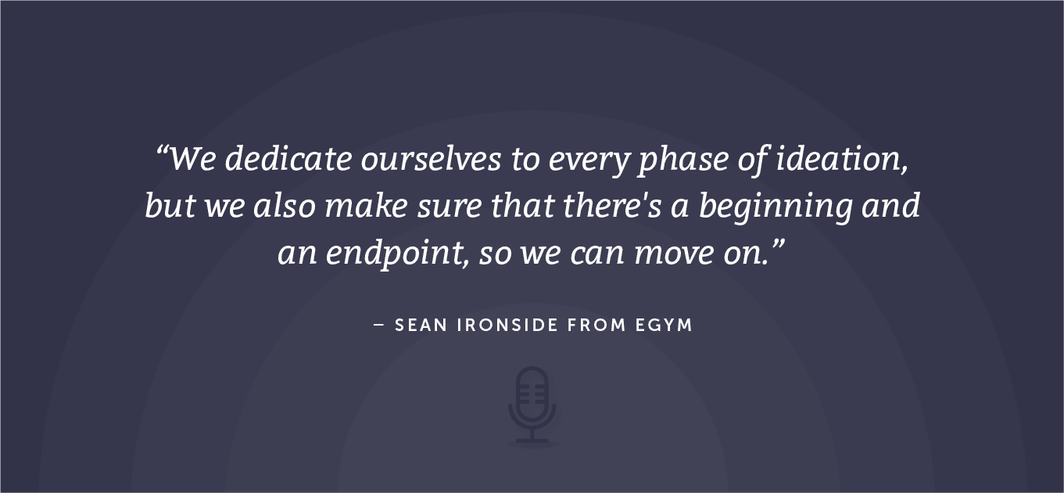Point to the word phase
click(x=682, y=160)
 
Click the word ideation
click(x=840, y=160)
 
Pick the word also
click(x=284, y=205)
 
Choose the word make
click(x=366, y=205)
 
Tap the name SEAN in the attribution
click(x=421, y=326)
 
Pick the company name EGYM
click(x=664, y=326)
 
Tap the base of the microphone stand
click(x=532, y=441)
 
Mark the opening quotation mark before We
click(x=162, y=150)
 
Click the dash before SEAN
click(x=378, y=326)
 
